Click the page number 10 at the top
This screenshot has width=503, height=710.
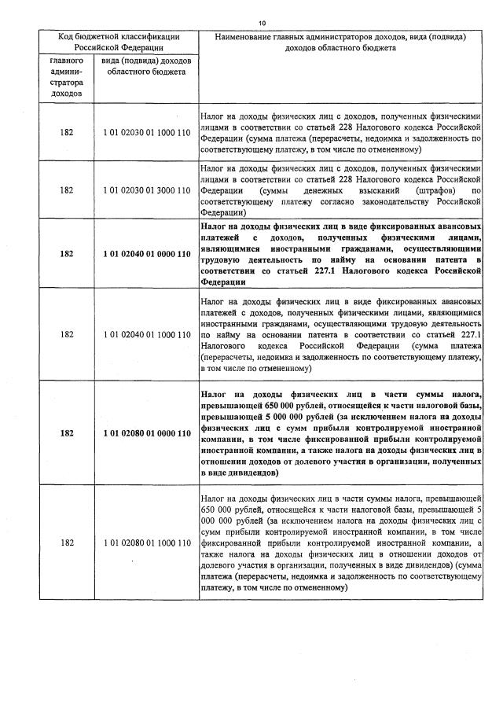point(261,23)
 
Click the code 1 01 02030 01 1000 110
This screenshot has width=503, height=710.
point(147,132)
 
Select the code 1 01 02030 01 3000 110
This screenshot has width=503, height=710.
point(147,190)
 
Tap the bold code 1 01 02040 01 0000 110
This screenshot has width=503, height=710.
point(147,254)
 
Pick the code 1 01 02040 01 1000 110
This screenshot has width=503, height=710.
point(147,334)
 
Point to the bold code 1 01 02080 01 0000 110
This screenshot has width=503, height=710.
point(147,433)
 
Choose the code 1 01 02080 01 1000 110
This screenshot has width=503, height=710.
point(147,543)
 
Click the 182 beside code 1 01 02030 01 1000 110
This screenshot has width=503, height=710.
point(66,132)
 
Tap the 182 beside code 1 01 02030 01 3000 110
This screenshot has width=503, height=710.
point(66,190)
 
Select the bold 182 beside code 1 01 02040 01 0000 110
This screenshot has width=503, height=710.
point(66,254)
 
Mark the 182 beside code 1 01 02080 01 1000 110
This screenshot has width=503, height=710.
point(66,543)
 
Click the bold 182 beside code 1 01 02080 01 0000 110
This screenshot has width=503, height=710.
point(66,433)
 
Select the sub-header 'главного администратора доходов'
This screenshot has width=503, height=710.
point(66,76)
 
